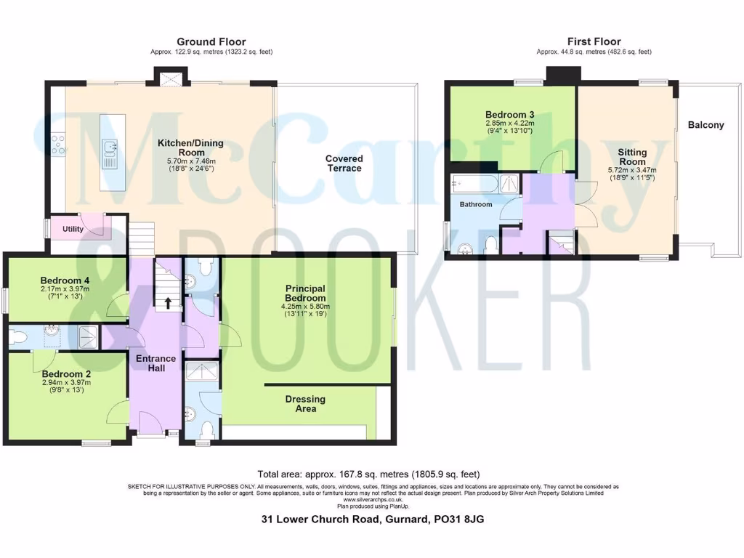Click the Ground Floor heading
(x=211, y=42)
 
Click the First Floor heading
(x=594, y=42)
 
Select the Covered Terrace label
(x=344, y=163)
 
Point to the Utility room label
(x=73, y=230)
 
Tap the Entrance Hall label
(x=156, y=363)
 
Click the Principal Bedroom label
(x=305, y=294)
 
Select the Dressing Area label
(x=305, y=404)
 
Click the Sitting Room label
(x=631, y=157)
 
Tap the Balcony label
(x=705, y=125)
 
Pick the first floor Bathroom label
(x=476, y=205)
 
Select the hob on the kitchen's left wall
(x=58, y=144)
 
